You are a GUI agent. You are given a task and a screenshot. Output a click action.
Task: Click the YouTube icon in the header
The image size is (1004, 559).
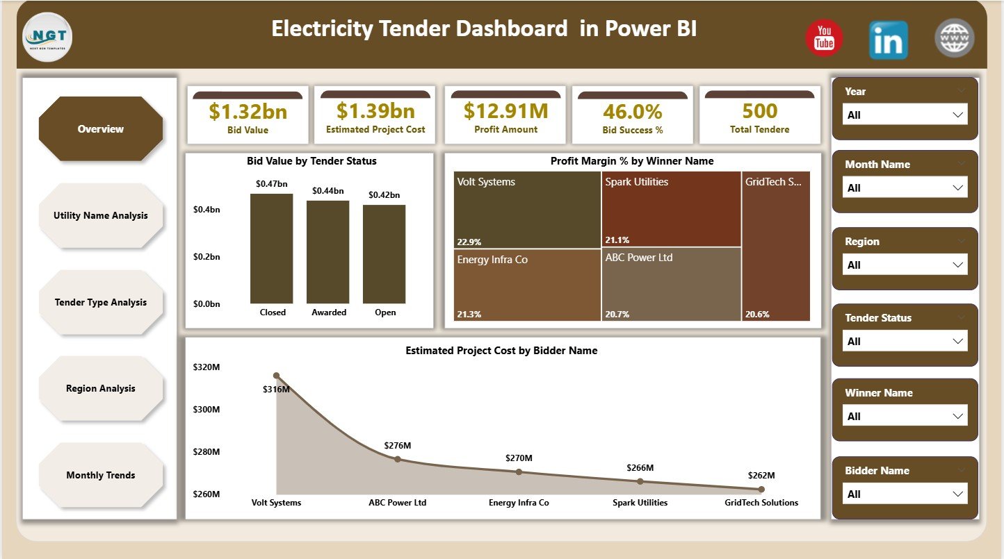[824, 38]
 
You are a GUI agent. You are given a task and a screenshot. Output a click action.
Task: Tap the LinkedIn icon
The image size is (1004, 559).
[888, 40]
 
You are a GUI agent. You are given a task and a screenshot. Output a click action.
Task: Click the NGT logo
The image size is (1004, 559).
[47, 37]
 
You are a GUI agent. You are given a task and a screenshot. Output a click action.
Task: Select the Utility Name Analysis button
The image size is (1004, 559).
[101, 215]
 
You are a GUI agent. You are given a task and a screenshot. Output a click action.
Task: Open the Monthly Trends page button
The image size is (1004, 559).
[101, 475]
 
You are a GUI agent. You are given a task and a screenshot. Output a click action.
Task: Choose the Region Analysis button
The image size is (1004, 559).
[101, 388]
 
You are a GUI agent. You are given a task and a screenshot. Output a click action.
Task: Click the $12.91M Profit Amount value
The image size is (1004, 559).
[505, 110]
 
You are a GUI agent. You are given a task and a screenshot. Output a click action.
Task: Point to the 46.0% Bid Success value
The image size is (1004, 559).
[632, 112]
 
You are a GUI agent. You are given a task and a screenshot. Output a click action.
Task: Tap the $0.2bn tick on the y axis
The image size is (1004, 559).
[207, 256]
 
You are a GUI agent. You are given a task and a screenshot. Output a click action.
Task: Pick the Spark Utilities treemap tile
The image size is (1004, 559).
[671, 209]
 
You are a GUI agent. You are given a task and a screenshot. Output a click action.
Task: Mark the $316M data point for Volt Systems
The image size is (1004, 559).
[276, 376]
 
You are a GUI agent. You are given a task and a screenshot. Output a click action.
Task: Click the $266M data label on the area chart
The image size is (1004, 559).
[640, 468]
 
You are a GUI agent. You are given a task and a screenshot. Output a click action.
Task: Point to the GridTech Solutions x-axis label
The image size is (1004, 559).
[761, 502]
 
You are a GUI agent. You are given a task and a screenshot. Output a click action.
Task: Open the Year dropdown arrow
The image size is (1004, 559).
[958, 115]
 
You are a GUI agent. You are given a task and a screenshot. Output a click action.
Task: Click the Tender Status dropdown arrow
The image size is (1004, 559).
[958, 341]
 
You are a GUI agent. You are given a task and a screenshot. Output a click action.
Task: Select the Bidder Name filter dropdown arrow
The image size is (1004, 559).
[958, 494]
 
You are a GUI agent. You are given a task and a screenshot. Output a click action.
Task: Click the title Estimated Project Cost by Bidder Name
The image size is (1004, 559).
[501, 351]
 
